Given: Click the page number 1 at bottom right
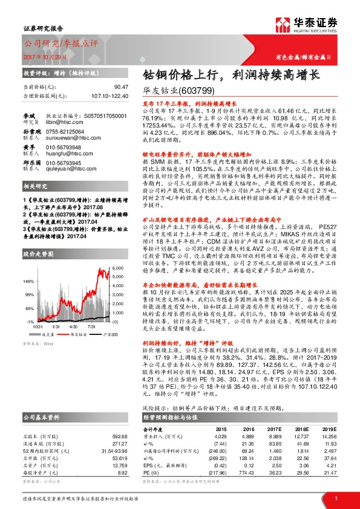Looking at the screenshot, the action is point(336,498).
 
